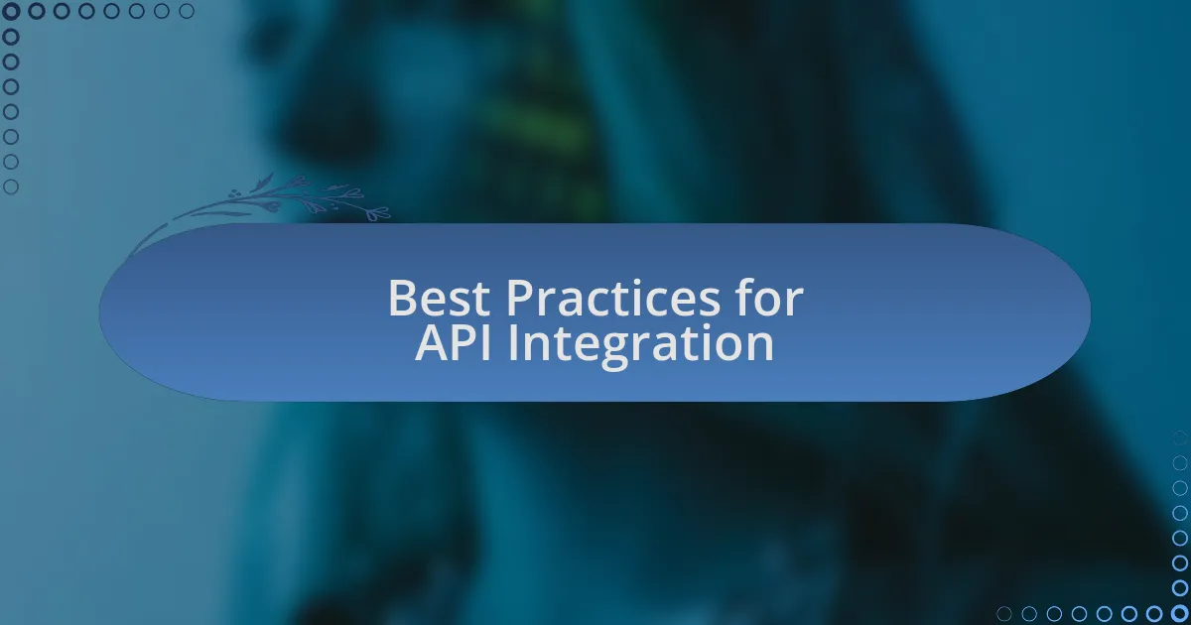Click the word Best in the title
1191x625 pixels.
point(439,299)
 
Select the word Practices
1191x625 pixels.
point(613,299)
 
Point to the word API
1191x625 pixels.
point(453,343)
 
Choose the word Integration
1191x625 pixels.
point(641,345)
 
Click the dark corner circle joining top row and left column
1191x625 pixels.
point(11,11)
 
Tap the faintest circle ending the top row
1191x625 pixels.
point(187,11)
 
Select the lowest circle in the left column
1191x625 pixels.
point(11,187)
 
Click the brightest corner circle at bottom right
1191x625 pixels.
point(1180,613)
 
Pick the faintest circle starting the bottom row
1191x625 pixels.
point(1003,614)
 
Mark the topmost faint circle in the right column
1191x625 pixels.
point(1180,437)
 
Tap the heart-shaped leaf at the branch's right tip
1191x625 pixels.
point(378,214)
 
